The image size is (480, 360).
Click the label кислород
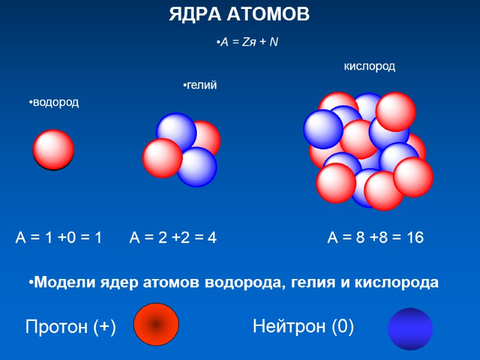369,67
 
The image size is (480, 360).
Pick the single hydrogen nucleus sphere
53,150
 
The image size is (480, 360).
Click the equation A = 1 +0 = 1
58,238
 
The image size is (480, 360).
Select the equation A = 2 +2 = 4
173,238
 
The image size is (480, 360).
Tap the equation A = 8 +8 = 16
375,238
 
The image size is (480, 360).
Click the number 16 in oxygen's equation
415,238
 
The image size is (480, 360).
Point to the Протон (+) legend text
70,327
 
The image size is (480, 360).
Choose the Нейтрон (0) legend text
303,327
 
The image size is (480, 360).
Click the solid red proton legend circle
155,325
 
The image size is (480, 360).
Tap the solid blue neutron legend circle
410,329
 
